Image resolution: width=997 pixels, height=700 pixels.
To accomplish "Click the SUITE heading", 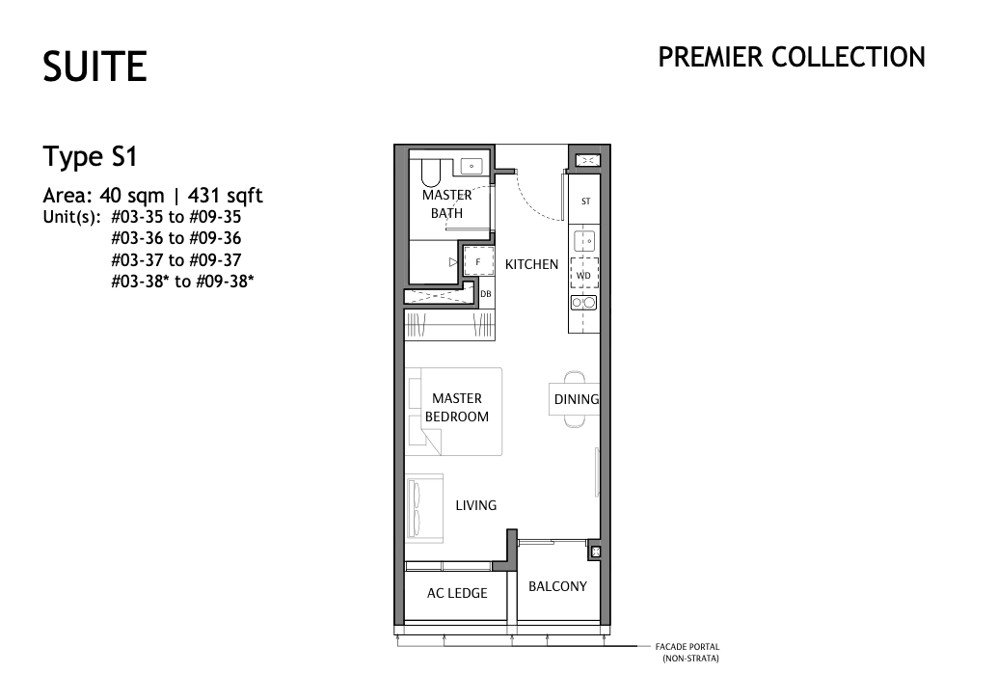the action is click(x=94, y=67).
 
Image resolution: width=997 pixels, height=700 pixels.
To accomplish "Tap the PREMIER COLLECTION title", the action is click(x=792, y=57).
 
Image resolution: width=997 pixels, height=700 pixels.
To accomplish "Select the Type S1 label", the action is click(x=91, y=156).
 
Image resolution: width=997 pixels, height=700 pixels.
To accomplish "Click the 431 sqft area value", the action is click(x=225, y=195).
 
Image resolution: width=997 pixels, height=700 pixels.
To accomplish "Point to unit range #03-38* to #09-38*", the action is click(x=182, y=281).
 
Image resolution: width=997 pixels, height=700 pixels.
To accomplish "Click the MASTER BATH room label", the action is click(x=447, y=204).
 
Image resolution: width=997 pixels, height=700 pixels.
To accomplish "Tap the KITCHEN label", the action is click(x=531, y=264).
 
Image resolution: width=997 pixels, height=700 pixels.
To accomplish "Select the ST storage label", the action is click(x=585, y=202).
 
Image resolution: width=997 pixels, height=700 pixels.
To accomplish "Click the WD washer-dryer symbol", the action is click(x=584, y=275).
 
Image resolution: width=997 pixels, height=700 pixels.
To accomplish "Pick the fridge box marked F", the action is click(x=478, y=262).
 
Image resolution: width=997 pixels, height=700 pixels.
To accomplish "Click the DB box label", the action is click(x=486, y=294).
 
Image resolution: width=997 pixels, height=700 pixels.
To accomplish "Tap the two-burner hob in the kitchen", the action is click(x=583, y=303).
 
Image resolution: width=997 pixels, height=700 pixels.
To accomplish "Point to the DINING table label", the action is click(x=577, y=399).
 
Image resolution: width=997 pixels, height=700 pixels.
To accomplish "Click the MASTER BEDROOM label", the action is click(x=457, y=408).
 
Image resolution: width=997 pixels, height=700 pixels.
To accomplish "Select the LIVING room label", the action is click(x=476, y=505).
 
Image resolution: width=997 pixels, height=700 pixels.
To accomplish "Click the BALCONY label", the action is click(x=557, y=586).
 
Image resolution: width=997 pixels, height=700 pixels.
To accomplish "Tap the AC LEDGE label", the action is click(x=457, y=593).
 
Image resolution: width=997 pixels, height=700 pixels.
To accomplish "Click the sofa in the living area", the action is click(x=425, y=508).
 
